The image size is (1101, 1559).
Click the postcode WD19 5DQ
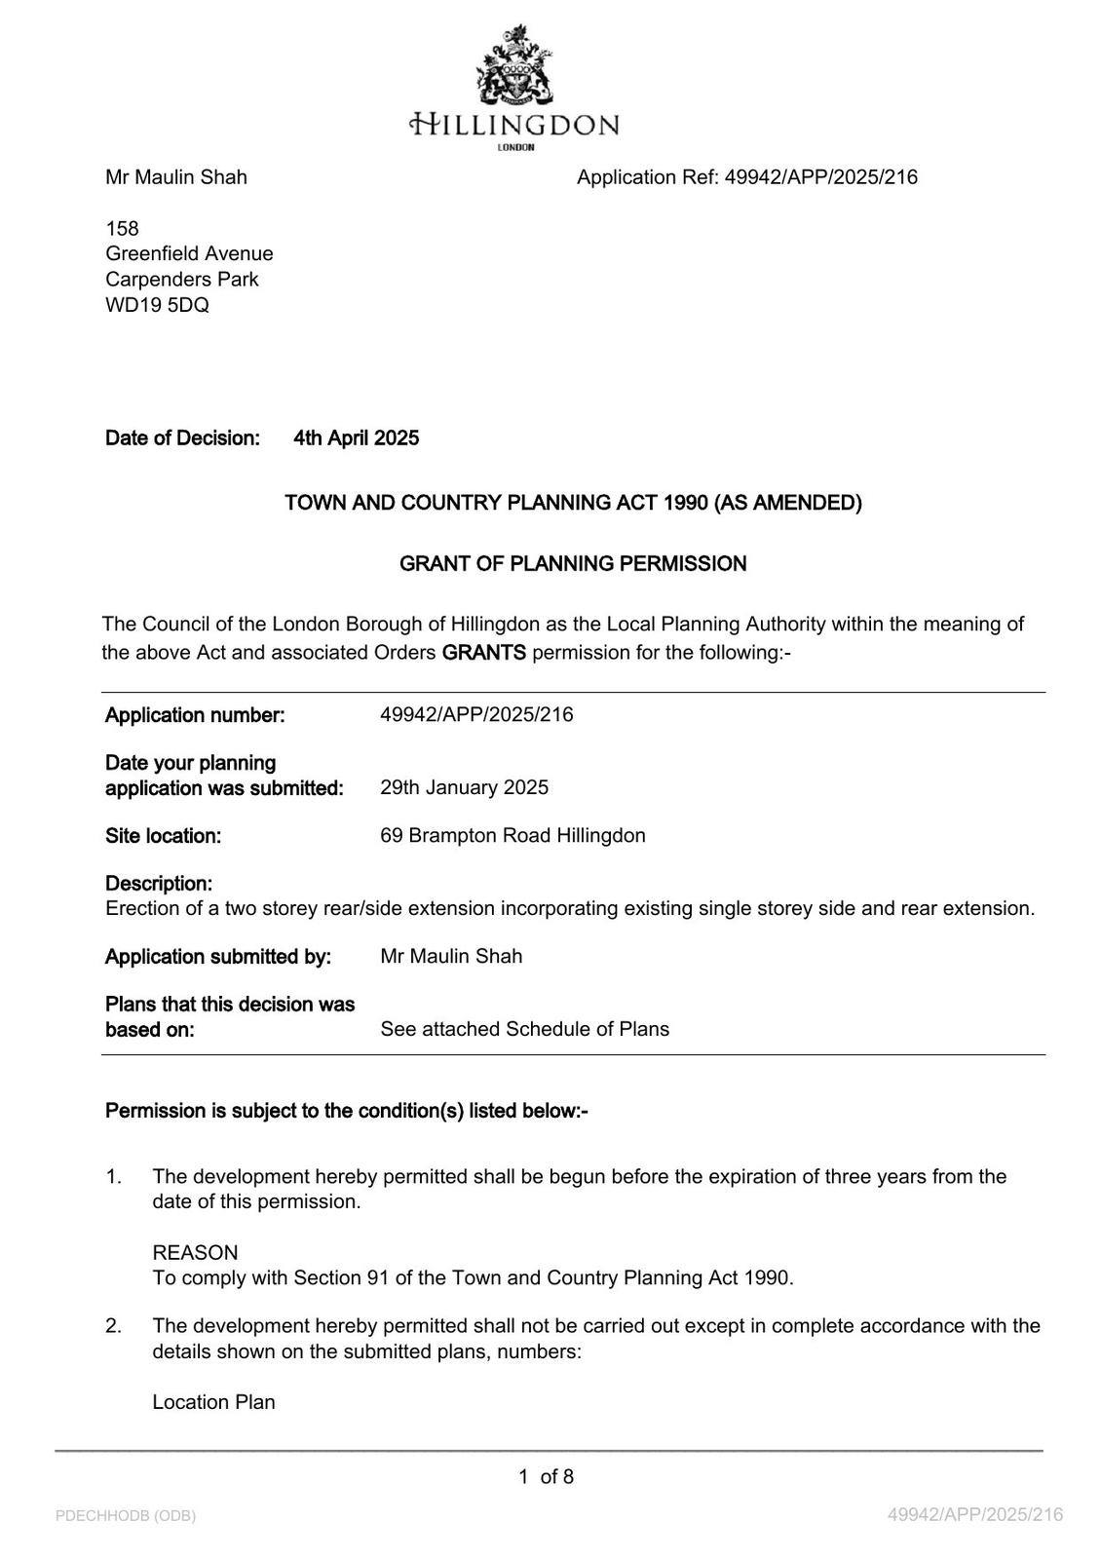point(157,305)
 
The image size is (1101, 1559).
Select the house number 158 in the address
point(122,228)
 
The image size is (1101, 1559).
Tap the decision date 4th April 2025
point(356,438)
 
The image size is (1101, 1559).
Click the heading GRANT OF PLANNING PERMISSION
point(573,564)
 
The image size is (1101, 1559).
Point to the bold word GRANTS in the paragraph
point(483,653)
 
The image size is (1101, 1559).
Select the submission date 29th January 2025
point(464,787)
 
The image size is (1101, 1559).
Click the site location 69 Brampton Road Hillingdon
point(513,836)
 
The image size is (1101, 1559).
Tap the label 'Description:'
point(159,884)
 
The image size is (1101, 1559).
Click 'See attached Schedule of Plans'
point(524,1029)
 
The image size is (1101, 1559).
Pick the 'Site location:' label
point(163,836)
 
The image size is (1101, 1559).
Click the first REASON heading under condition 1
point(195,1253)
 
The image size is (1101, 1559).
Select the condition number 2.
point(113,1326)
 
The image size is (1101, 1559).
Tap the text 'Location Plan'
point(213,1402)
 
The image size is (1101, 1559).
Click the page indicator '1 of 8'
point(546,1477)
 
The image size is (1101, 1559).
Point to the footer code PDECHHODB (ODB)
point(126,1516)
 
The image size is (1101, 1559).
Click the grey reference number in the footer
point(975,1515)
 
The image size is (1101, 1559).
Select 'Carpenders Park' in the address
point(182,280)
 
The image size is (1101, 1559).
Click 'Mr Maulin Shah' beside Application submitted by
point(451,957)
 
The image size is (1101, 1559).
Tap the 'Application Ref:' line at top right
point(746,177)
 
